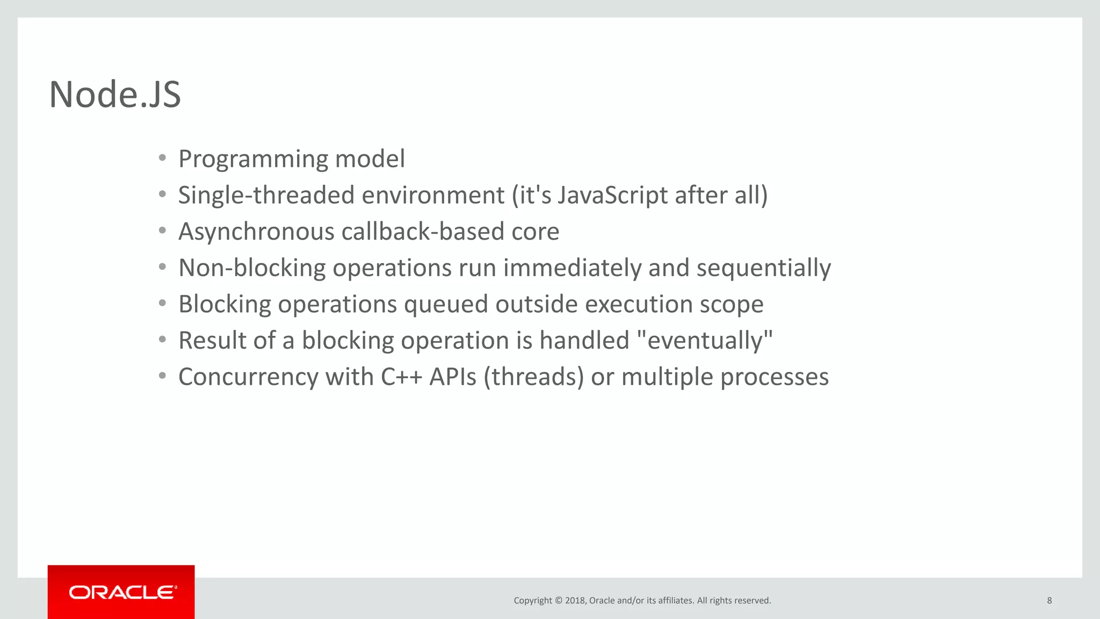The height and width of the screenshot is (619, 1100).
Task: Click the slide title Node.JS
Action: point(115,95)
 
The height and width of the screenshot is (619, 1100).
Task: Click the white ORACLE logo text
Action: point(122,592)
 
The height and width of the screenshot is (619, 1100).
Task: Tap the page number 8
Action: point(1049,601)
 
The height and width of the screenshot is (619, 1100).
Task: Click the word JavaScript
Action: point(612,195)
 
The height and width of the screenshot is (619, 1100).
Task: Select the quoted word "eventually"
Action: point(704,341)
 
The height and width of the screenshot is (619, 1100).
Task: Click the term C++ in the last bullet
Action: point(401,377)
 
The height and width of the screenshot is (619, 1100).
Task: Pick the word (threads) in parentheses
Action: point(533,377)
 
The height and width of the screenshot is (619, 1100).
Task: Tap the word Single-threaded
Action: point(266,196)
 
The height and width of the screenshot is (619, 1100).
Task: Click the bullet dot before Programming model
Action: point(162,159)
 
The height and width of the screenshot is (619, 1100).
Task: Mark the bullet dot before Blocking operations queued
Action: point(162,304)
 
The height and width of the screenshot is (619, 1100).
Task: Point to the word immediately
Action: point(571,268)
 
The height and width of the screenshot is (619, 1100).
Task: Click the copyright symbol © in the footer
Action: point(558,601)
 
